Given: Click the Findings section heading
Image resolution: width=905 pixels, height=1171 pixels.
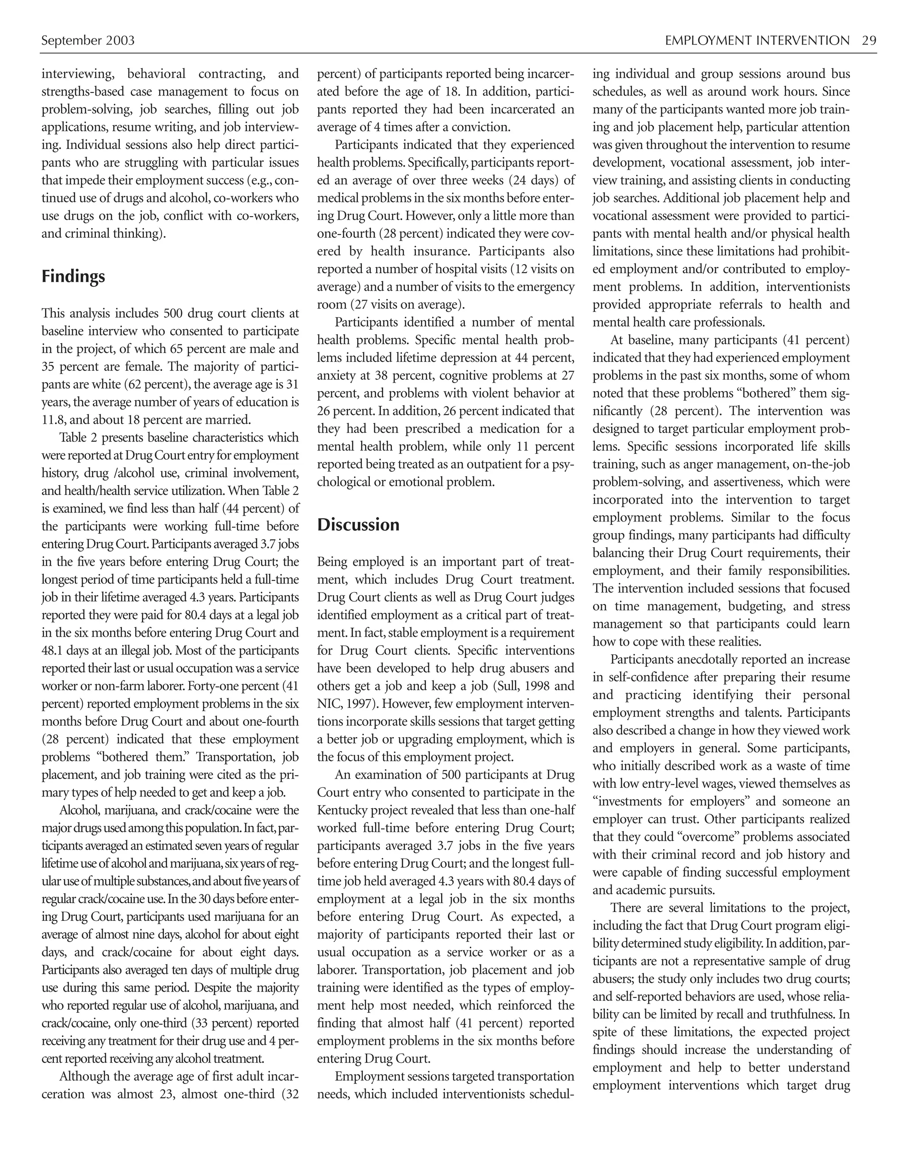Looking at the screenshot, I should tap(73, 277).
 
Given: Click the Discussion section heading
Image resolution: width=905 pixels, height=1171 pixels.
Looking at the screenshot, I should tap(358, 525).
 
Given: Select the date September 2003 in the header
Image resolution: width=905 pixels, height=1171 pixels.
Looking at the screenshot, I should tap(88, 41).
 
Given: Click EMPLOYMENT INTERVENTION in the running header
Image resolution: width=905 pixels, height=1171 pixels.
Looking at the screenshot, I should tap(757, 41).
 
